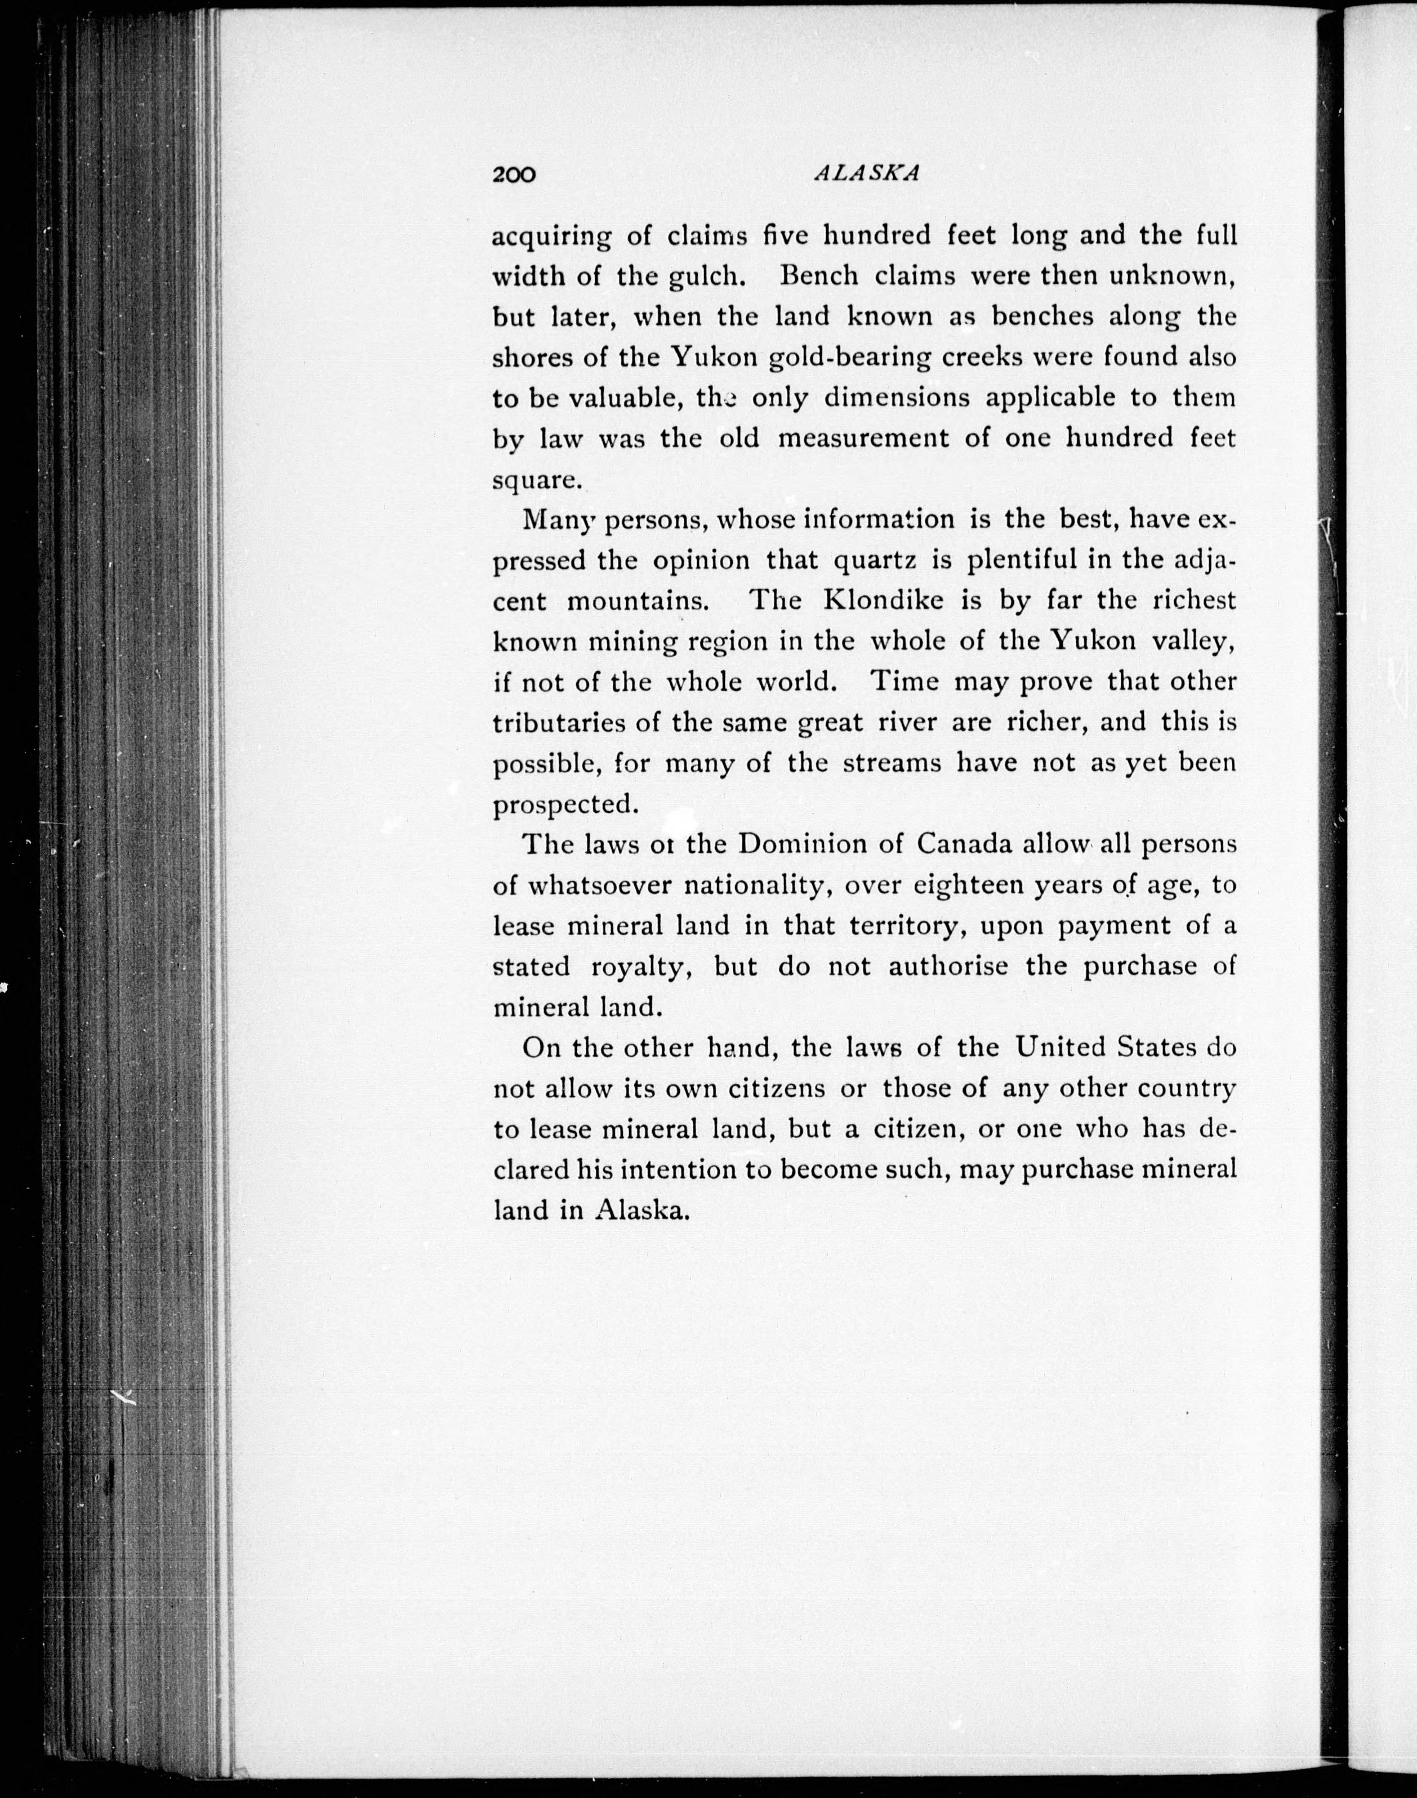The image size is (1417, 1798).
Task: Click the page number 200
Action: click(514, 175)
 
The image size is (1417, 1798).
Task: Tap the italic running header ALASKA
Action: click(867, 172)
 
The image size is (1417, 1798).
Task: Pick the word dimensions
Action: click(897, 398)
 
